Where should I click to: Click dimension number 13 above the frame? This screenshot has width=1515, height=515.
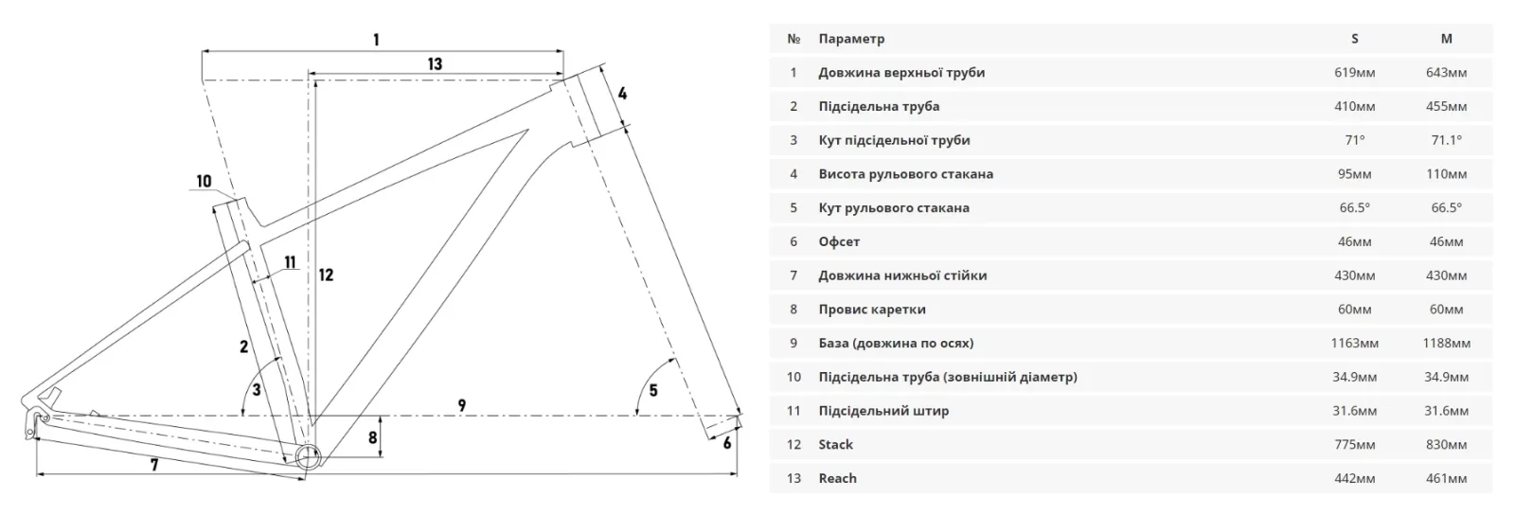point(435,64)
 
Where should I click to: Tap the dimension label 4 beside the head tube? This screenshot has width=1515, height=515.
point(622,94)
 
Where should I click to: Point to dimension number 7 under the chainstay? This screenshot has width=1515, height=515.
point(154,465)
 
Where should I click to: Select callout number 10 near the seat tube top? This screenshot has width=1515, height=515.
point(204,181)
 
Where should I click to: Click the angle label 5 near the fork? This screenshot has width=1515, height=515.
point(653,390)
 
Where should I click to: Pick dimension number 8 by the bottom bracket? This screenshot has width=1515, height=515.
point(373,437)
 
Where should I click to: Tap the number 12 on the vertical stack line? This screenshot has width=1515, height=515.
point(326,275)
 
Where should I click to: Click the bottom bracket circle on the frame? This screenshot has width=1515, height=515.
point(308,457)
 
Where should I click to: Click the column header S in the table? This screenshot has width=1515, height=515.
point(1355,39)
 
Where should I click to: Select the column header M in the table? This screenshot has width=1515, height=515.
point(1446,39)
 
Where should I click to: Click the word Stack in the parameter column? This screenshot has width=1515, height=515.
point(835,444)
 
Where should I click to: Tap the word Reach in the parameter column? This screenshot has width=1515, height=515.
point(837,478)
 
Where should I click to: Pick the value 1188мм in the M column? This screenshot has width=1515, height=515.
point(1446,343)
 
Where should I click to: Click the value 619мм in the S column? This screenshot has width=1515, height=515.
point(1355,72)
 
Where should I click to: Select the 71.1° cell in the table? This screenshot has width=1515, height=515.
point(1446,140)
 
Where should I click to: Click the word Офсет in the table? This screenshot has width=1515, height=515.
point(839,241)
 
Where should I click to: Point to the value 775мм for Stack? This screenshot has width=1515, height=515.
point(1355,444)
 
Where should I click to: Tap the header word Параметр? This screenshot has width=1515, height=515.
point(851,39)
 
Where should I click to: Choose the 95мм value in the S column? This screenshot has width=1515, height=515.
point(1355,173)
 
